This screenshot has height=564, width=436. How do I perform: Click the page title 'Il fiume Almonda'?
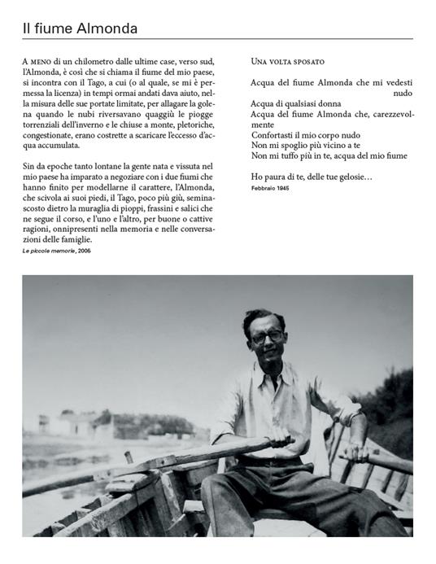coord(80,28)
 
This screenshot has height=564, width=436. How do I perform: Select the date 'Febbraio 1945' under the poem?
coord(271,188)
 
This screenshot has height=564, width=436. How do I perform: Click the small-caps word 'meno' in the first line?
coord(43,61)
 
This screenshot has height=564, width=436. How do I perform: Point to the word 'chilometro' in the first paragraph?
coord(102,61)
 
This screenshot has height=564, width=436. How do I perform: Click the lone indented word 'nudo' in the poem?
coord(403,93)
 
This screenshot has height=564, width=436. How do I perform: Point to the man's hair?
coord(264,318)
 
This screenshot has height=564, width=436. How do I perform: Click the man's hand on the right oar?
coord(355,454)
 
